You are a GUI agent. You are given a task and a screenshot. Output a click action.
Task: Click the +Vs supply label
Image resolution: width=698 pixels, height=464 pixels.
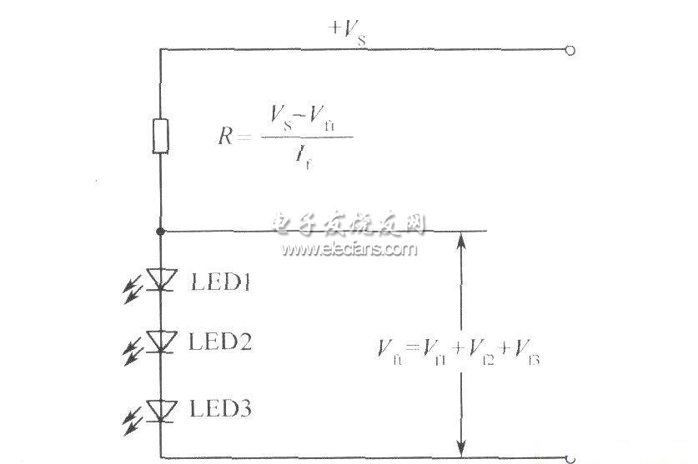348,32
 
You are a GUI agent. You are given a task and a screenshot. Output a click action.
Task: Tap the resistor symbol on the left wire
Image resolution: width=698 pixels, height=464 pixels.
160,136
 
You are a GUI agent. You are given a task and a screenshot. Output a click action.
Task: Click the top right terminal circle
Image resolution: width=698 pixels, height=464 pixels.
570,50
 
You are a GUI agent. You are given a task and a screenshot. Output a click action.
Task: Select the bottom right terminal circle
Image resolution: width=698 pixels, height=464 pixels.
570,457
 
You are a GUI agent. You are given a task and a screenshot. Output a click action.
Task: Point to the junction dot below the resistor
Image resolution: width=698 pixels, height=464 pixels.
160,231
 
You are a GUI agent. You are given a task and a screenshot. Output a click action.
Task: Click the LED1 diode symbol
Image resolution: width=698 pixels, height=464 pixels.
160,279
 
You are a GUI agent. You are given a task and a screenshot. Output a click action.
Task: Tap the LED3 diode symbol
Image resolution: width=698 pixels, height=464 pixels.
160,409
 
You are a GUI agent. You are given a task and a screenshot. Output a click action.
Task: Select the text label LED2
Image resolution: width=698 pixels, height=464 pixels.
222,342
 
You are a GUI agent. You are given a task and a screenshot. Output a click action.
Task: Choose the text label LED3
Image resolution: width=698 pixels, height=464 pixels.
222,410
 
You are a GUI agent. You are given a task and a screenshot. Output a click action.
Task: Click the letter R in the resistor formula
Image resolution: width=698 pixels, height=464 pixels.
226,137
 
